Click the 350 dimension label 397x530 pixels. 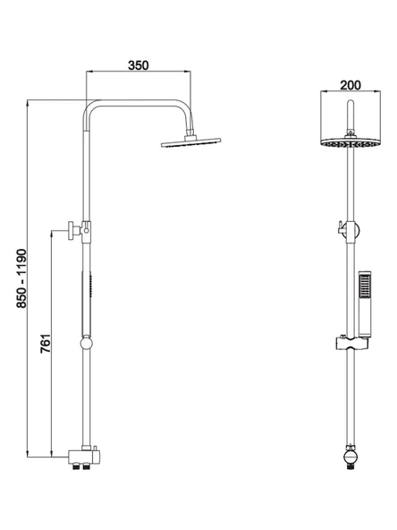tap(139, 65)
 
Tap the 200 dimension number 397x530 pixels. tap(351, 85)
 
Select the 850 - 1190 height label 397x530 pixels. tap(21, 278)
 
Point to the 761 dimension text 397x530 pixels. tap(46, 344)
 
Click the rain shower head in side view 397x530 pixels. tap(190, 142)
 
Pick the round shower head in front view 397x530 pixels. tap(351, 143)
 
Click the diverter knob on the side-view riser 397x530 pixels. tap(74, 230)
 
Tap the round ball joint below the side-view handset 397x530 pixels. tap(87, 344)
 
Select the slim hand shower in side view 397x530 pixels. tap(87, 304)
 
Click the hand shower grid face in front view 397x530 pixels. tap(365, 286)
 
